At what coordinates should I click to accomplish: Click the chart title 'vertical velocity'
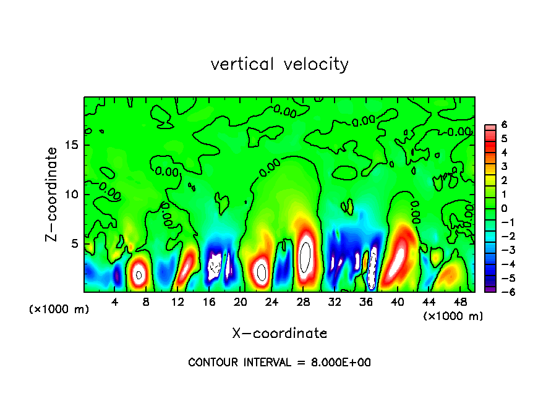(279, 64)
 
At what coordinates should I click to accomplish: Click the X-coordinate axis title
(279, 334)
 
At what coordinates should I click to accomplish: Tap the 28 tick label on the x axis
(303, 302)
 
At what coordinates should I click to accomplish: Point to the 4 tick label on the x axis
(115, 302)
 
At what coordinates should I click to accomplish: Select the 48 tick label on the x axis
(460, 302)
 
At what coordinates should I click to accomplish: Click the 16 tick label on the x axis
(209, 302)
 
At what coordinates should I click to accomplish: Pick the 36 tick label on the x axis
(366, 302)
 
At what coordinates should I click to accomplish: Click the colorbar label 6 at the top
(504, 125)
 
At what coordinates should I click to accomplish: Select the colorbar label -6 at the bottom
(502, 292)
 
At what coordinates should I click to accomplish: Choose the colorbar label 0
(504, 208)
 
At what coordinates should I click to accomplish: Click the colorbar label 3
(504, 166)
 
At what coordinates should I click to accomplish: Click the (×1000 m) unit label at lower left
(59, 309)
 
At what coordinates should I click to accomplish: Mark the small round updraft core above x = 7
(139, 275)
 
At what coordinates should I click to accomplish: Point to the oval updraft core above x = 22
(262, 272)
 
